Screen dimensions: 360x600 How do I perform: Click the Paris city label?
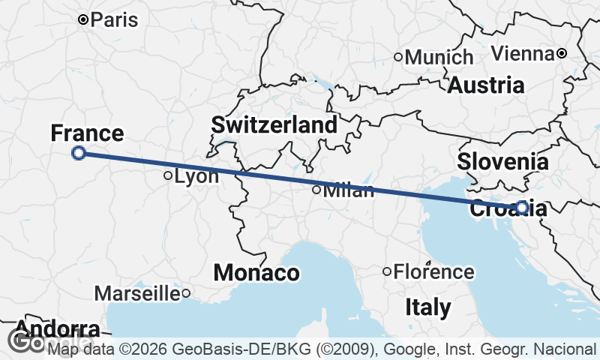[x=114, y=19]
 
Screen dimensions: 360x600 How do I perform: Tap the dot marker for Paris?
[x=83, y=19]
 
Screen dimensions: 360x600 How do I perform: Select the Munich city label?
[x=439, y=57]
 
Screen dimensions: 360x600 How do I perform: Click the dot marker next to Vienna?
[x=561, y=53]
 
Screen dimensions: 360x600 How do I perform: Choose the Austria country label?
[x=486, y=85]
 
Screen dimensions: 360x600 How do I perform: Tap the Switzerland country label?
[x=274, y=125]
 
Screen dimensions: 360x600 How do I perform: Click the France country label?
[x=87, y=133]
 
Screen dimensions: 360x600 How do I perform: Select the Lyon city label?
[x=196, y=177]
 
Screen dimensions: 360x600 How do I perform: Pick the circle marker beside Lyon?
[x=168, y=176]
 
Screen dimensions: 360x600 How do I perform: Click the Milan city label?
[x=348, y=190]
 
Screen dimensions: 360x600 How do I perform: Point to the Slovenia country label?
[x=502, y=160]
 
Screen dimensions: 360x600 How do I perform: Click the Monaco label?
[x=256, y=273]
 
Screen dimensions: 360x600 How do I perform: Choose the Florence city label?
[x=434, y=271]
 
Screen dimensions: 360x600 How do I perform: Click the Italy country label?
[x=428, y=307]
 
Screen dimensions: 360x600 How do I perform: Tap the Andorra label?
[x=56, y=329]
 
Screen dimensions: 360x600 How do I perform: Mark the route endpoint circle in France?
[x=79, y=153]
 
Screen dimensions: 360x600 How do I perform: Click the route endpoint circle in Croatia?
[x=522, y=207]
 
